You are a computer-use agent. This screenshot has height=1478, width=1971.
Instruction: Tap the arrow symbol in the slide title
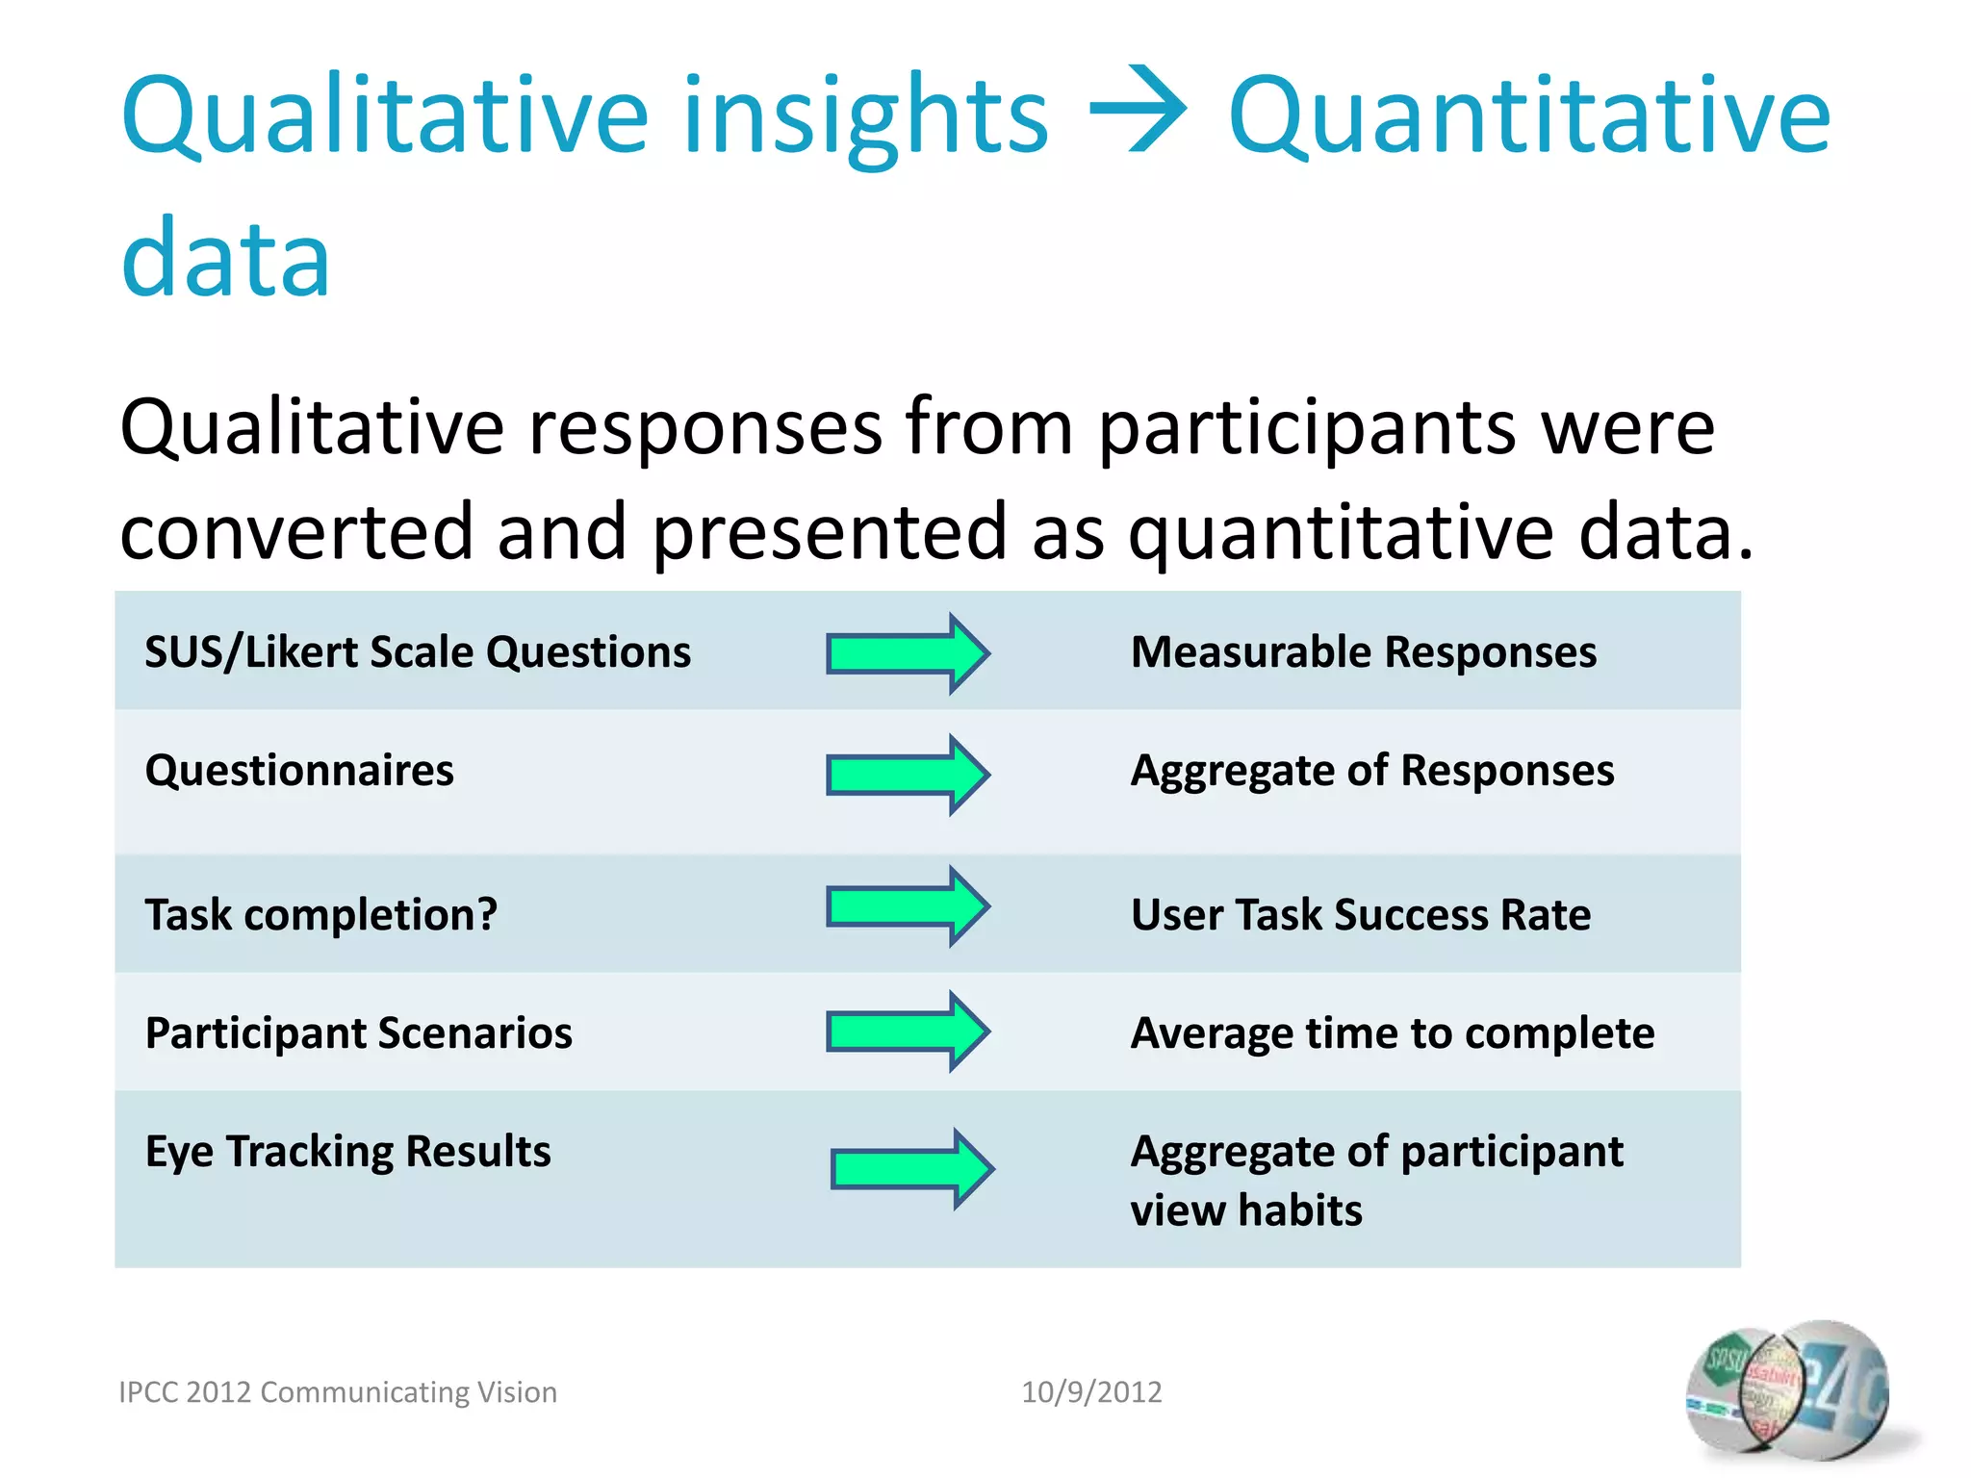click(1138, 110)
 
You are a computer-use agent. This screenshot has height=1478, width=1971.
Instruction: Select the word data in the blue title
click(226, 258)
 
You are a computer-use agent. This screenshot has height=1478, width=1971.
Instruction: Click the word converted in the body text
click(296, 532)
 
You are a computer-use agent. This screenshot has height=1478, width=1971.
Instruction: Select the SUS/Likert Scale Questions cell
click(418, 652)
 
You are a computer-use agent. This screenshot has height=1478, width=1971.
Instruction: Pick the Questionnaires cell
click(299, 771)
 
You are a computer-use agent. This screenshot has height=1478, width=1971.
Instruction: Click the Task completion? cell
click(321, 914)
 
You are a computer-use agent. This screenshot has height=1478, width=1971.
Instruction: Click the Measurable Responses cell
click(1363, 652)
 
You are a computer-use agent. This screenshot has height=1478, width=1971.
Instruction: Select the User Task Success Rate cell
click(1360, 914)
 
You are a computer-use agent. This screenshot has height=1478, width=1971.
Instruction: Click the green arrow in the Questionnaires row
click(908, 775)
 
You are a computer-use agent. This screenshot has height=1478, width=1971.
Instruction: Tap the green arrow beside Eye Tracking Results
click(911, 1169)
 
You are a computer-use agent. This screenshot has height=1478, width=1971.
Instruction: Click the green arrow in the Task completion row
click(908, 906)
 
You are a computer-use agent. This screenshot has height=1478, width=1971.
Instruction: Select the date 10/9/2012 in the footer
click(1091, 1392)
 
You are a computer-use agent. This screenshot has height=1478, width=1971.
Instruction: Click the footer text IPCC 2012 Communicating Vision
click(338, 1392)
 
